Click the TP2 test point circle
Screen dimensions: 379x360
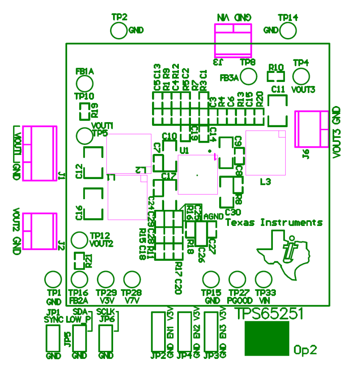point(119,31)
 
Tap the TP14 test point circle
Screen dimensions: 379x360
point(288,30)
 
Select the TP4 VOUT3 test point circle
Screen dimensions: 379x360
point(301,76)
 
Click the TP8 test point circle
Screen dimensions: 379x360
point(248,76)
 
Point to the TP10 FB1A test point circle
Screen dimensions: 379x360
point(85,83)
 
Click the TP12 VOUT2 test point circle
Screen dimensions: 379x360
point(80,240)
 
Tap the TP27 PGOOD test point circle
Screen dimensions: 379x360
point(237,280)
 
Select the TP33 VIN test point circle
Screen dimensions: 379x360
point(263,280)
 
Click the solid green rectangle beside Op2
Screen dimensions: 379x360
point(267,338)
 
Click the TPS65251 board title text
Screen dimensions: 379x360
point(269,313)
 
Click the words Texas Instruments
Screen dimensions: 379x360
point(274,222)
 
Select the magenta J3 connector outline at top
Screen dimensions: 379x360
point(233,40)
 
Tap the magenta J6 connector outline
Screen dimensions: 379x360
point(312,129)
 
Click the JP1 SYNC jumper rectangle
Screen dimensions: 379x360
point(53,338)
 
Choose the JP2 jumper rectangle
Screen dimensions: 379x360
point(158,332)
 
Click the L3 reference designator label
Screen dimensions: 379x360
point(266,182)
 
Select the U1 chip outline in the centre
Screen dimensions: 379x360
point(197,175)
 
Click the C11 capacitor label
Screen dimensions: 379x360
point(278,89)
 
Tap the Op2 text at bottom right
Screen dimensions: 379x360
point(305,350)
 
